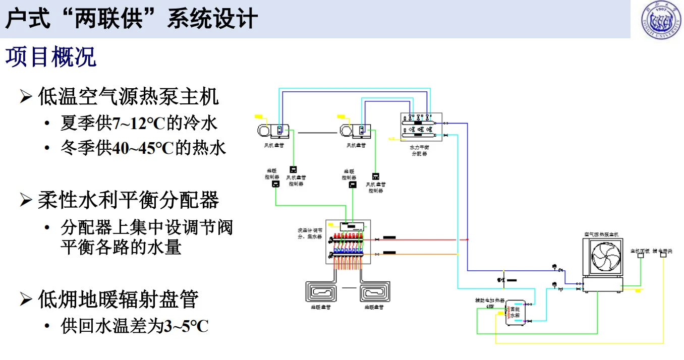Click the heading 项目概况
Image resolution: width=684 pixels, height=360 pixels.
pos(50,57)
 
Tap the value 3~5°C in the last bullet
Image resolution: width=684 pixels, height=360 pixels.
pos(186,326)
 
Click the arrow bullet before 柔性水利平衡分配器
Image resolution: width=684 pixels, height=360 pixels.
pos(26,201)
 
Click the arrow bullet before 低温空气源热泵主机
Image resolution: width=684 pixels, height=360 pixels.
pos(26,96)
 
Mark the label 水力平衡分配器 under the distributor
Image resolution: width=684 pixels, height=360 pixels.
pos(419,151)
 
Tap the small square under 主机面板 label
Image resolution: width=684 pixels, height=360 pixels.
pos(640,255)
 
